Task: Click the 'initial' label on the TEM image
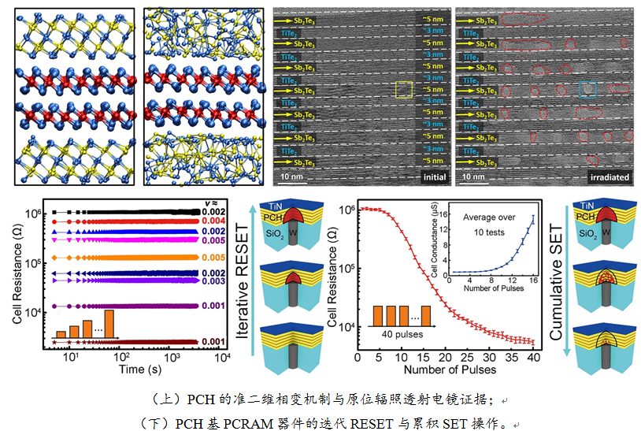pyautogui.click(x=434, y=177)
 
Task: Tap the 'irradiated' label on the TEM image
pyautogui.click(x=611, y=177)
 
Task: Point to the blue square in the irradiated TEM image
pyautogui.click(x=587, y=90)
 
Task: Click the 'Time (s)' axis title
pyautogui.click(x=125, y=369)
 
